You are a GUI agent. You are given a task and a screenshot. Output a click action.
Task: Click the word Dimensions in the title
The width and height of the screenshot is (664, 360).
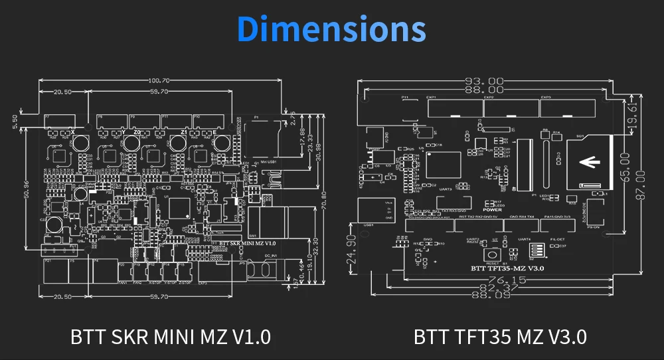point(331,29)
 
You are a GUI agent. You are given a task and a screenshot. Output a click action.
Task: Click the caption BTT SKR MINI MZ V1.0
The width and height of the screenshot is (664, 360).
point(171,336)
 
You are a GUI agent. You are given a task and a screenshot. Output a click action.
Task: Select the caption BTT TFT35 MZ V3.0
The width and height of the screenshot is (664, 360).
point(500,336)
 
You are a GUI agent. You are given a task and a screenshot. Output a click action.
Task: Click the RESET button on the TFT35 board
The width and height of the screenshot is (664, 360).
point(493,254)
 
